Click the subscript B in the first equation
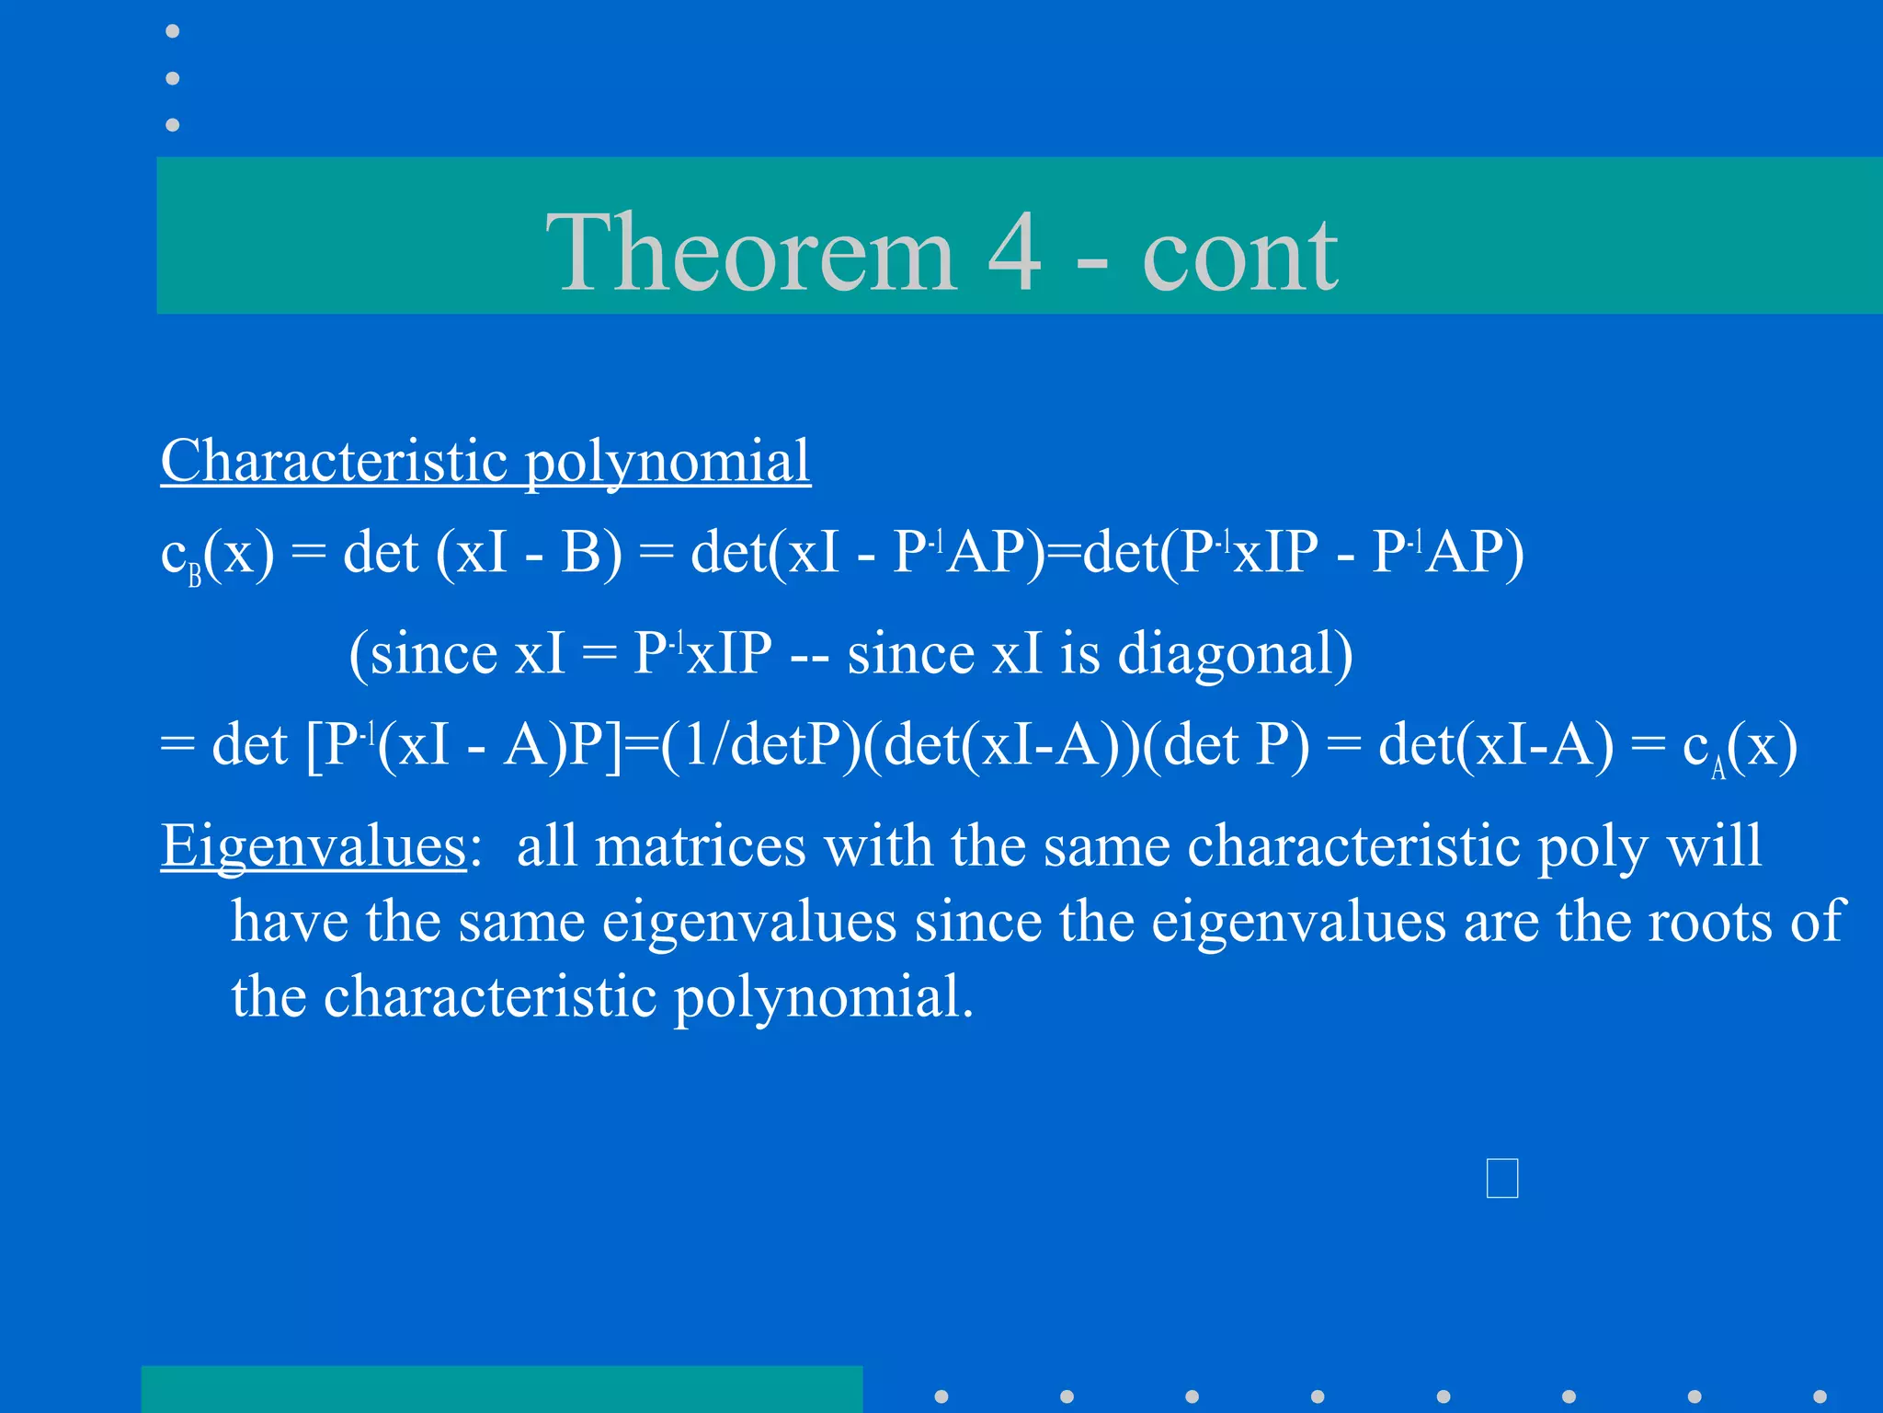click(195, 577)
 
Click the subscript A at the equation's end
click(1718, 768)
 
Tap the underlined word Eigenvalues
click(314, 846)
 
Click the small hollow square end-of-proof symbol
click(1501, 1178)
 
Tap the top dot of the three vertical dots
click(172, 31)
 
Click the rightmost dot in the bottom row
click(1820, 1396)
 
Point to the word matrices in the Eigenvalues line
click(700, 845)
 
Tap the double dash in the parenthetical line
click(809, 655)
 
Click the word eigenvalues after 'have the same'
click(748, 922)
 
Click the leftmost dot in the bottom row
click(941, 1396)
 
